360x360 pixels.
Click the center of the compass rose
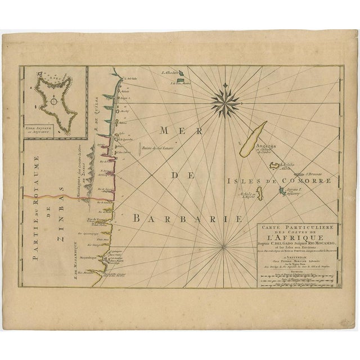(x=226, y=100)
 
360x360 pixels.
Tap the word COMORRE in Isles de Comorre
(x=303, y=181)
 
